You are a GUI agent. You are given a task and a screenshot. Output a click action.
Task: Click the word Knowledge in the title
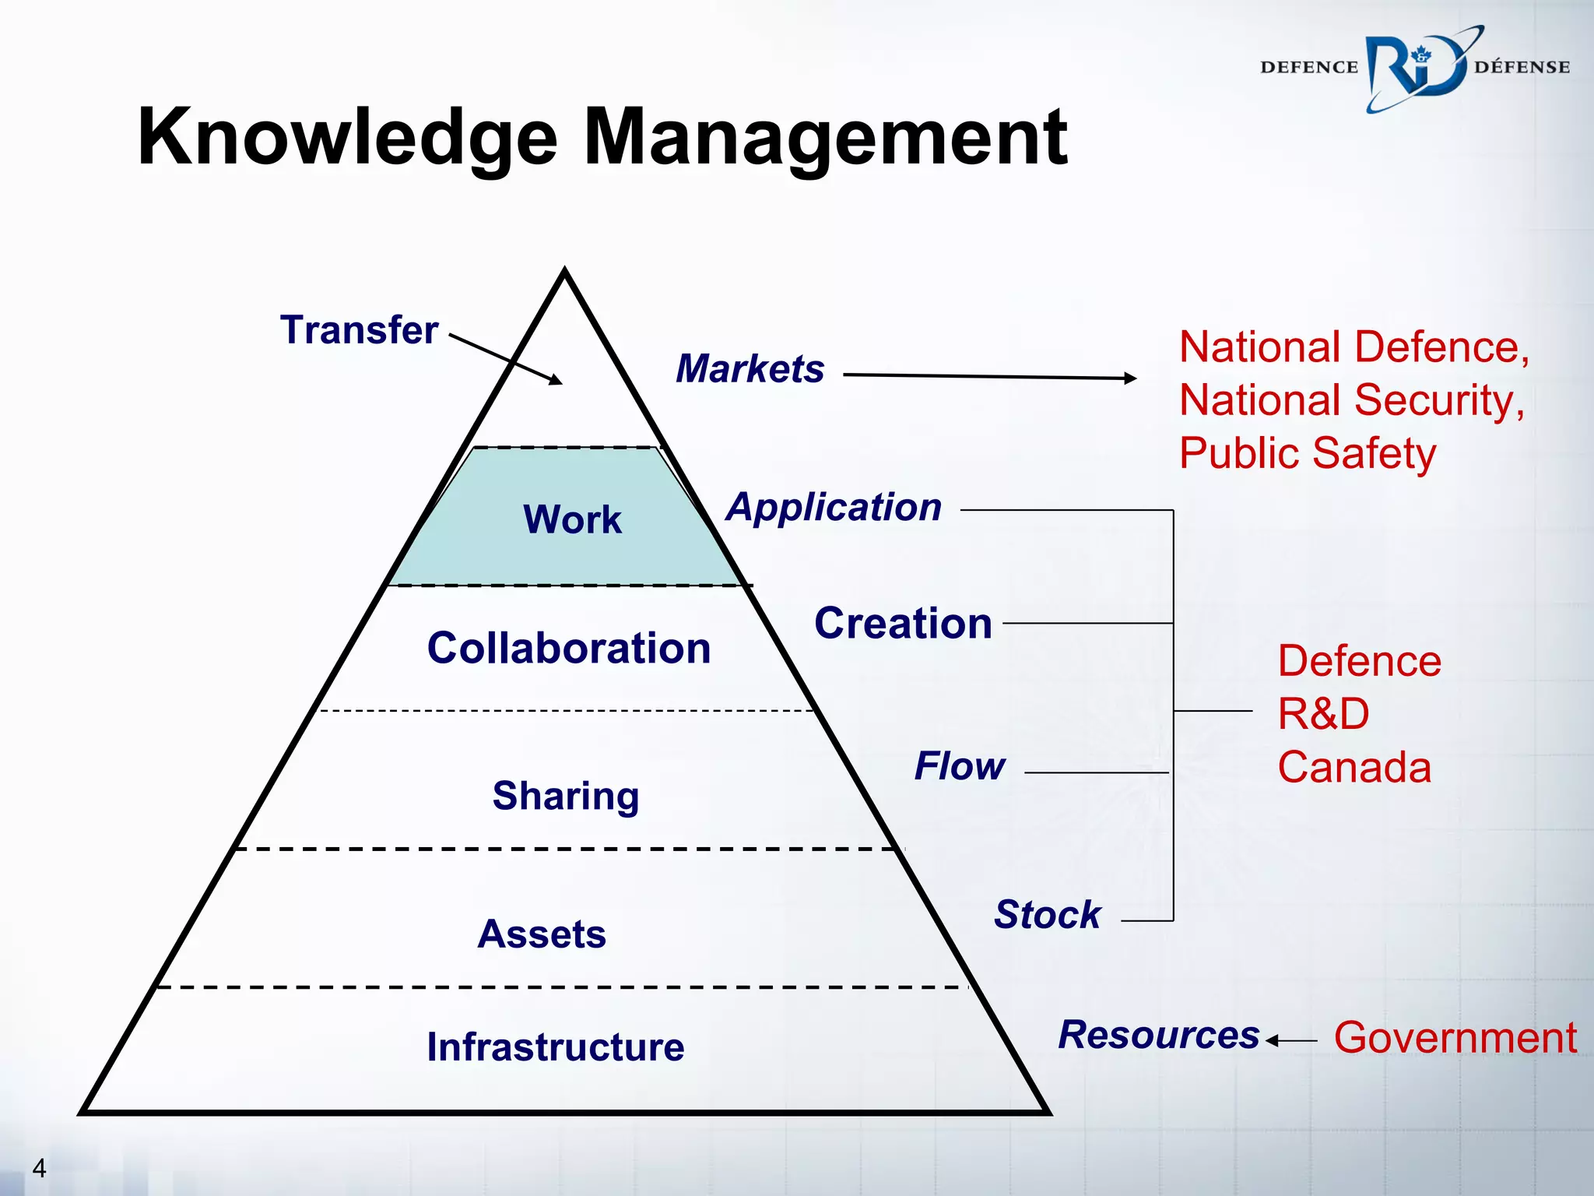[347, 139]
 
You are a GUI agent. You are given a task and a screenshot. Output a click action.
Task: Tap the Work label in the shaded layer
[572, 519]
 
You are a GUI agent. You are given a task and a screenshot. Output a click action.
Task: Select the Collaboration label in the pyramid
[569, 648]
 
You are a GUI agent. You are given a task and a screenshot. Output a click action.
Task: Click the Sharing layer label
[566, 796]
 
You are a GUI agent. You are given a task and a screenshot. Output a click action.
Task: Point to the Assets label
[542, 934]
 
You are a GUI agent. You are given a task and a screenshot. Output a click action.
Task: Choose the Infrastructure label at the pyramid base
[556, 1046]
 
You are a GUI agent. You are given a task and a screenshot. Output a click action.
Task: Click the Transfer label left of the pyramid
[359, 329]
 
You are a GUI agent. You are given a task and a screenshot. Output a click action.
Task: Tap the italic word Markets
[750, 368]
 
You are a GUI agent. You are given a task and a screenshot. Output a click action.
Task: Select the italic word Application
[834, 507]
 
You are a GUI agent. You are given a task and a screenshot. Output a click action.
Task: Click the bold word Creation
[903, 623]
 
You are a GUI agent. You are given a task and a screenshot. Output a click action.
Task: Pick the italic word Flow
[960, 765]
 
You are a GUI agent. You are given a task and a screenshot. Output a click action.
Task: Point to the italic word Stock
[1048, 914]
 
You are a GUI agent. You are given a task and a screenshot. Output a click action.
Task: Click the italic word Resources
[1158, 1035]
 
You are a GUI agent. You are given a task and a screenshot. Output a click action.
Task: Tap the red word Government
[1455, 1038]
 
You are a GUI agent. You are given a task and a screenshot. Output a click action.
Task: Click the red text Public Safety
[1308, 453]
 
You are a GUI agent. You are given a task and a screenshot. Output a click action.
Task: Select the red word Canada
[1354, 767]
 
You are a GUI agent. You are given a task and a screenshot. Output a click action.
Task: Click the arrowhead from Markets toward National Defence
[1130, 378]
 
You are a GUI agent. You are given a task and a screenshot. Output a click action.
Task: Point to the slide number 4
[39, 1168]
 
